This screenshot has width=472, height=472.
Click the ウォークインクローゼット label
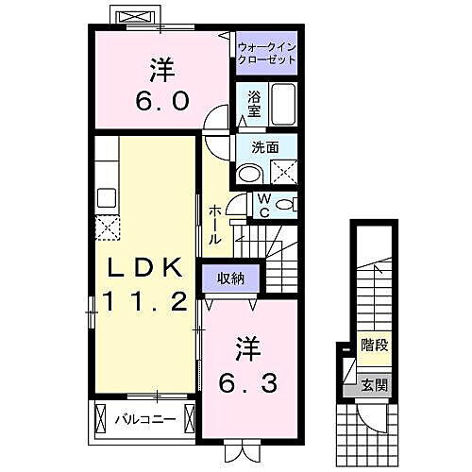click(266, 52)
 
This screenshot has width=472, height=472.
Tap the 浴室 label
click(253, 103)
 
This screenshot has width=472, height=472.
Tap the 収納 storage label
click(230, 278)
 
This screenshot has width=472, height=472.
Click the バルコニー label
click(146, 418)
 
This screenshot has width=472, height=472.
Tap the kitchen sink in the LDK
click(105, 198)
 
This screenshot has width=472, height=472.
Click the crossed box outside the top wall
click(130, 18)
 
